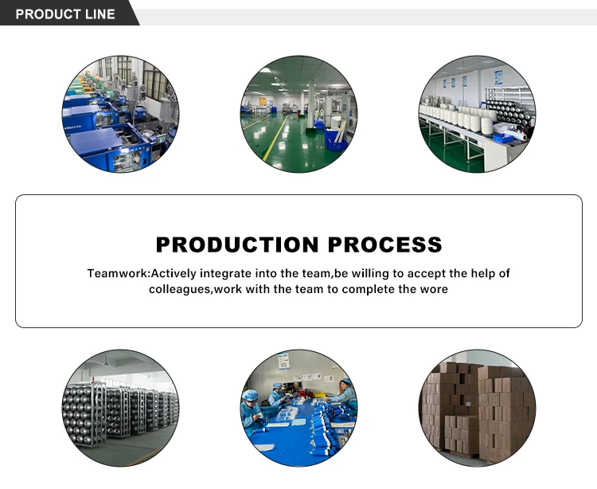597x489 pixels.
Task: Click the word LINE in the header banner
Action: [98, 14]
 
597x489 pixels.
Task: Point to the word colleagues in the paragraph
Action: [180, 289]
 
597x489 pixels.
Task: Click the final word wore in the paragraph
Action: [433, 289]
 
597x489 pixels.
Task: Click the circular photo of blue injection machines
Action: [120, 114]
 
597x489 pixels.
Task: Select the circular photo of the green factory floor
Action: [298, 114]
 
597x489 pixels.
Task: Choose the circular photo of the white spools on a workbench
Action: [477, 114]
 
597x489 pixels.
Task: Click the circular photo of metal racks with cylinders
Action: [120, 407]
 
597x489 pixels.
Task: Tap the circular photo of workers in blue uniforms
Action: [298, 407]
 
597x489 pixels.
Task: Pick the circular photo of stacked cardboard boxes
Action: [477, 407]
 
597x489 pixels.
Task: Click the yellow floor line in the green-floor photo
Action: [275, 143]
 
